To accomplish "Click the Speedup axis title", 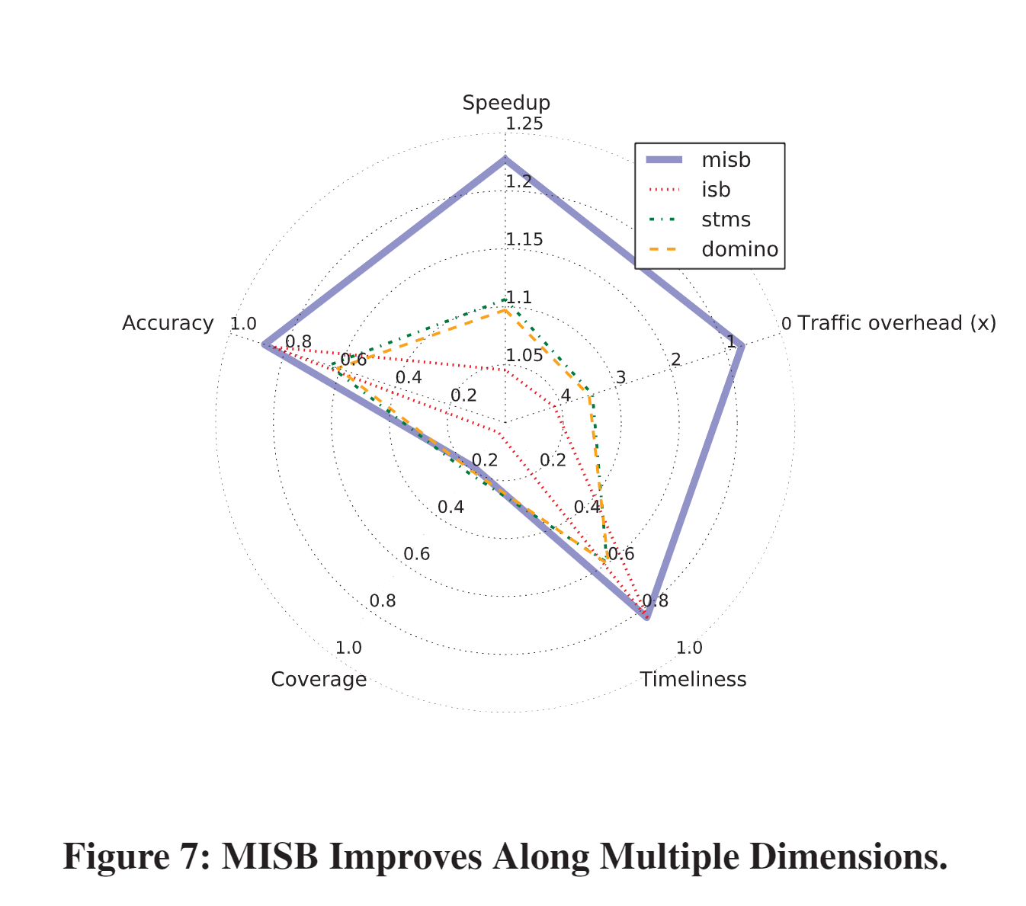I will click(x=506, y=103).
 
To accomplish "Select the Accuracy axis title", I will click(x=168, y=323).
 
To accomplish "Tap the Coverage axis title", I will click(x=319, y=679).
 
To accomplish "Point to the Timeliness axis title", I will click(x=693, y=679).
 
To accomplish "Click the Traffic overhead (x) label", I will click(x=896, y=323).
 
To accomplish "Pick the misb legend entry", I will click(x=726, y=160).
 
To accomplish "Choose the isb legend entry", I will click(x=716, y=190).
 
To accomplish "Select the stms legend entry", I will click(x=726, y=219).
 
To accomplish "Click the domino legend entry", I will click(x=739, y=249).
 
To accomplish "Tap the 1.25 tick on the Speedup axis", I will click(x=524, y=124).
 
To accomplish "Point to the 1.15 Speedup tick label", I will click(x=524, y=240).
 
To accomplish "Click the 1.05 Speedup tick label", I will click(x=524, y=355).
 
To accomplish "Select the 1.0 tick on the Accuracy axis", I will click(x=243, y=324).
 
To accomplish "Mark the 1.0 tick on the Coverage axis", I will click(x=348, y=648).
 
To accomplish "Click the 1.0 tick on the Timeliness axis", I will click(x=689, y=648).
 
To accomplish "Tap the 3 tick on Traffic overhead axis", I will click(x=620, y=377).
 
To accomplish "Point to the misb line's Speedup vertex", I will click(x=505, y=158).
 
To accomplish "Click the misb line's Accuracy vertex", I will click(x=264, y=344).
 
